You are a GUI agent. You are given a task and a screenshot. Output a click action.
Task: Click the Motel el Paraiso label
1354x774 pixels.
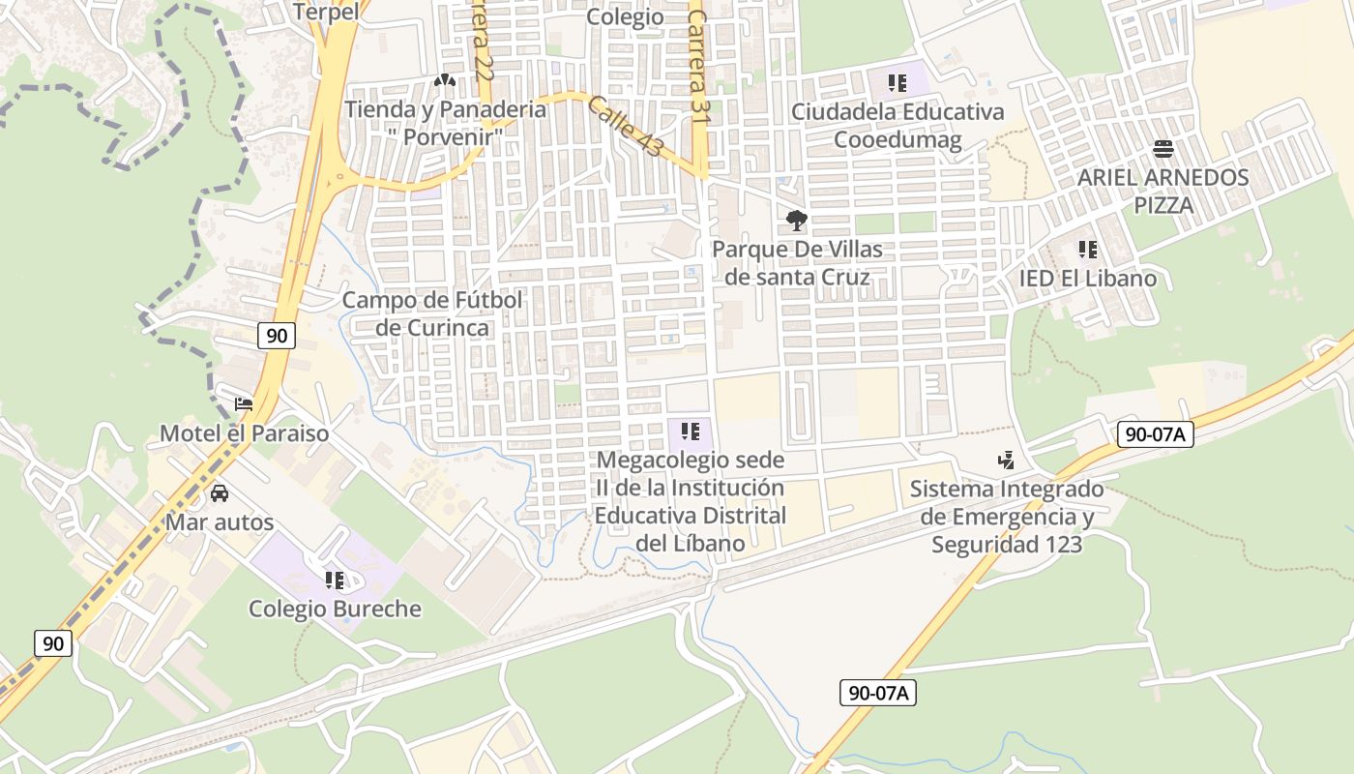click(244, 433)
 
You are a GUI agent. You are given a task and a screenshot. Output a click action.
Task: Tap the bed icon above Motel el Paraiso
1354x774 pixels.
click(244, 404)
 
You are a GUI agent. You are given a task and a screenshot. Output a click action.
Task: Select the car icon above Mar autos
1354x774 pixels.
click(220, 493)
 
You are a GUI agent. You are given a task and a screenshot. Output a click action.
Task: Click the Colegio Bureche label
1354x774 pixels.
click(335, 609)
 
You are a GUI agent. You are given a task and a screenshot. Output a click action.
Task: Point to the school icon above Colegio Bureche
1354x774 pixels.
click(335, 580)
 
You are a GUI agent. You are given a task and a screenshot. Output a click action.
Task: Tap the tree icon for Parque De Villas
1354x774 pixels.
click(797, 221)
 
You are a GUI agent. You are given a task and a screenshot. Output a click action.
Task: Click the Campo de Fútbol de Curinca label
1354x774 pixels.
click(432, 313)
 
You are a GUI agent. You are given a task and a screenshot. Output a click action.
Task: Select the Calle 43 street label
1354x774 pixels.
click(626, 126)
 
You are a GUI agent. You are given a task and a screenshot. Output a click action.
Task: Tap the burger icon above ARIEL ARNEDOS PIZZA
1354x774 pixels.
click(1163, 149)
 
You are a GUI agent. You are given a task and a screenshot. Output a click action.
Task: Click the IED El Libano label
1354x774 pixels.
click(1088, 279)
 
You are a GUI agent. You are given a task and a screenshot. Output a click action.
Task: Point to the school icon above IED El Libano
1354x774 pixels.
click(1088, 251)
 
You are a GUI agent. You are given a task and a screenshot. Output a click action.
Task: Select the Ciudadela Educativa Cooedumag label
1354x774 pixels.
click(898, 126)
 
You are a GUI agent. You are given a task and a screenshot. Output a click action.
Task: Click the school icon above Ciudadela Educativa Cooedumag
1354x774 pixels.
click(898, 83)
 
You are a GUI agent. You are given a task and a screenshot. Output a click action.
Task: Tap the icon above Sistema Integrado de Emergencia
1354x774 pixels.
click(1007, 461)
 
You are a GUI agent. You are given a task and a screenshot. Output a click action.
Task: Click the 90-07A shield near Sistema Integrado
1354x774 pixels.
click(1155, 434)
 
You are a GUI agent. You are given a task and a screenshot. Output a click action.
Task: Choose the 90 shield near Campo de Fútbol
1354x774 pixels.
click(277, 336)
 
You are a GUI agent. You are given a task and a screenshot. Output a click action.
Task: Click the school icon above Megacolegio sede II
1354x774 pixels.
click(691, 432)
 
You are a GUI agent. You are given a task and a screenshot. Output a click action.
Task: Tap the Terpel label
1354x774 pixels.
click(325, 12)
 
